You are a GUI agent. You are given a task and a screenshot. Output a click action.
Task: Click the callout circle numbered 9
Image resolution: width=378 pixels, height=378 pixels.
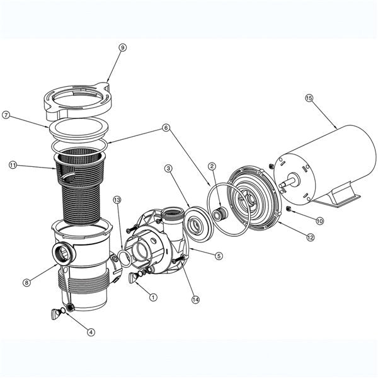coord(122,47)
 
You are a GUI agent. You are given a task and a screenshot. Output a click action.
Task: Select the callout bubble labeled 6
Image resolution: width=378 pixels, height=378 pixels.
coord(166,128)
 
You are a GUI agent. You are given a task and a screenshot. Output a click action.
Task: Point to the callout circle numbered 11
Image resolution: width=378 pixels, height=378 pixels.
coord(13,165)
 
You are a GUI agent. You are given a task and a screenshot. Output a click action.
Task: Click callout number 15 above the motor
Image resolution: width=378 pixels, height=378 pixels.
coord(309,98)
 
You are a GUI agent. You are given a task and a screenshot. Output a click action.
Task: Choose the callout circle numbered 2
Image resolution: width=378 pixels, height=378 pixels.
coord(212,166)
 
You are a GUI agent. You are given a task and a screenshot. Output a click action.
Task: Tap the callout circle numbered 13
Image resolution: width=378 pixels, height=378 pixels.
coord(117,200)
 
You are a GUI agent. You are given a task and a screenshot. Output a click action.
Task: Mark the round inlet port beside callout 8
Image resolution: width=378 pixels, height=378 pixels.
coord(64,255)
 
